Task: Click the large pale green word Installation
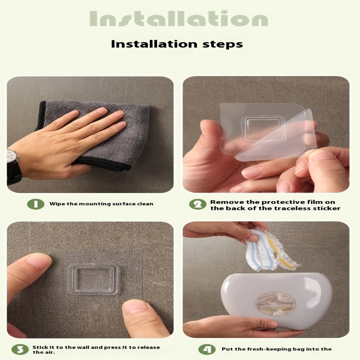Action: (179, 18)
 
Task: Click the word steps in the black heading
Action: (222, 44)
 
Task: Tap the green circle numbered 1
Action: (36, 204)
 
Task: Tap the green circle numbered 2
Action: (198, 204)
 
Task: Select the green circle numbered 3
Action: (20, 350)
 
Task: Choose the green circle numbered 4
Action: (207, 350)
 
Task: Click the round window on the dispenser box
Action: (275, 304)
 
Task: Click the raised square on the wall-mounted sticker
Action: (93, 279)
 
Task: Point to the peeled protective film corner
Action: (275, 135)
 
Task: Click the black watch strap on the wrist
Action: (14, 172)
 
